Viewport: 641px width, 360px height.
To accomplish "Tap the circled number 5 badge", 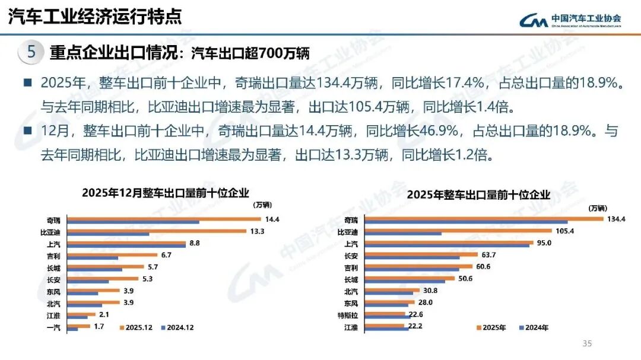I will pos(31,52).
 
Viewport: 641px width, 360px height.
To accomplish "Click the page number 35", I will pos(588,343).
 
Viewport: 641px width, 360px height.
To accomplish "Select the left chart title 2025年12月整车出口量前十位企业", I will pos(166,192).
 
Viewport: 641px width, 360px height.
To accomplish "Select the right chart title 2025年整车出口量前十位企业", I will pos(479,195).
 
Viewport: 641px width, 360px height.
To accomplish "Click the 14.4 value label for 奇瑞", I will pos(272,219).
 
